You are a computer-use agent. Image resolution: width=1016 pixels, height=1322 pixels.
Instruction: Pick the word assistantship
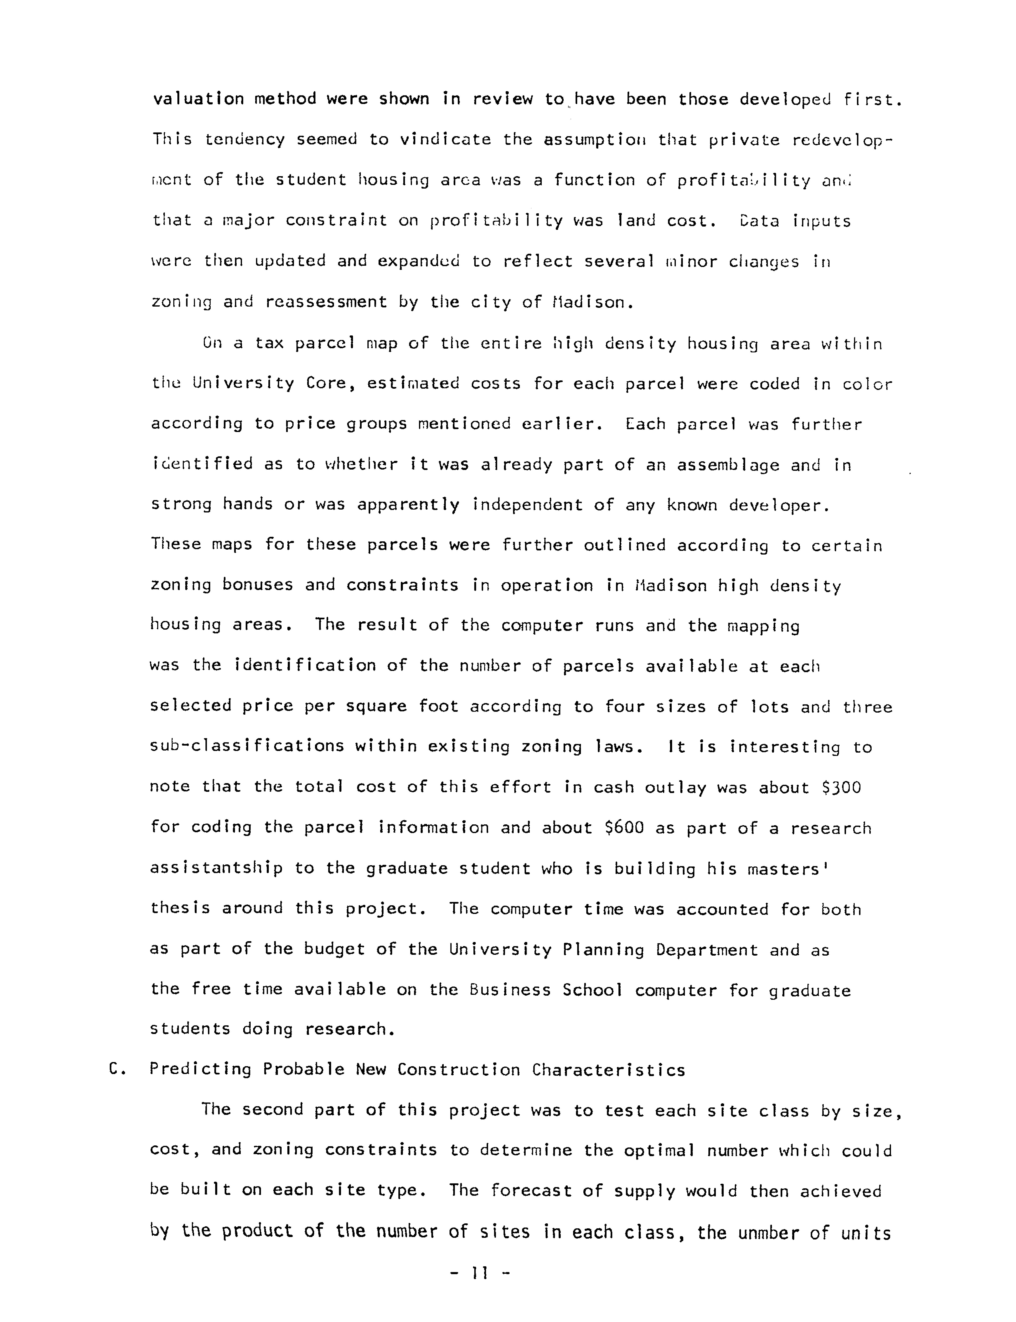(216, 868)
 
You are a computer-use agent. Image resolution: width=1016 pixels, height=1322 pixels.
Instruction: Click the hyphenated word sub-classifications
(247, 746)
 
